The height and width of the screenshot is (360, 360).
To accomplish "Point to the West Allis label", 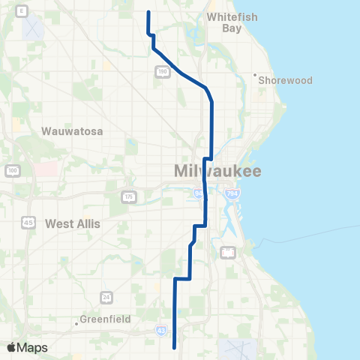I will pyautogui.click(x=73, y=223).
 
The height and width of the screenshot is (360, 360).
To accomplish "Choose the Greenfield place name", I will pyautogui.click(x=106, y=319).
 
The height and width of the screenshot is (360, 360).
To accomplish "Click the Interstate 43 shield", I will pyautogui.click(x=161, y=330).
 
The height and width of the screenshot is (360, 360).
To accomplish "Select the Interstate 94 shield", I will pyautogui.click(x=199, y=194).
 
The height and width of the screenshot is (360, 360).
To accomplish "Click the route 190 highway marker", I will pyautogui.click(x=163, y=71).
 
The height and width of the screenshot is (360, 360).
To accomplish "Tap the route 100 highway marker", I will pyautogui.click(x=13, y=172).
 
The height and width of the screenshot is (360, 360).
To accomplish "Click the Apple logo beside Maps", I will pyautogui.click(x=11, y=347).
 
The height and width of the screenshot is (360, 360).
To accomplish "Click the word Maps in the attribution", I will pyautogui.click(x=32, y=347).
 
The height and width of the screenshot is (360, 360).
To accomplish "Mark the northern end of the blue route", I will pyautogui.click(x=148, y=12).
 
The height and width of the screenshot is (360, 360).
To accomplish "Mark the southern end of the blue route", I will pyautogui.click(x=175, y=347).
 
